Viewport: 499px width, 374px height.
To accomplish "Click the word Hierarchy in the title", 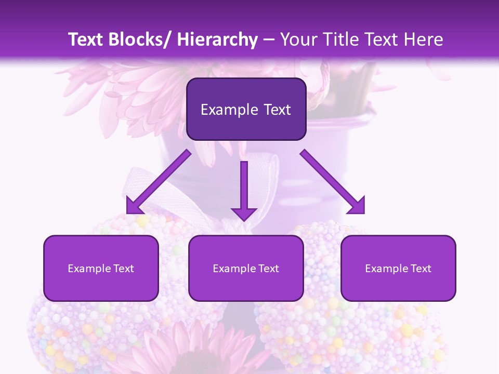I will click(x=217, y=39).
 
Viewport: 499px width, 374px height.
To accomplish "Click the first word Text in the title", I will click(x=87, y=39).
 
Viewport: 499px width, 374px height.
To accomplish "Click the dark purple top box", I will click(x=246, y=109).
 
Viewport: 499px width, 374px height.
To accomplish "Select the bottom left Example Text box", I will click(x=101, y=268).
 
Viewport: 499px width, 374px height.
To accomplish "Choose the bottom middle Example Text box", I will click(x=246, y=268).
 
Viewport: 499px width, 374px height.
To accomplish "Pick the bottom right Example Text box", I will click(x=398, y=268).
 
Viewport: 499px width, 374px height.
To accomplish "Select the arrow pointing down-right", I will click(x=333, y=182).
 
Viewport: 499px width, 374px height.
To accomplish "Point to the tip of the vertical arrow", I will click(x=244, y=220).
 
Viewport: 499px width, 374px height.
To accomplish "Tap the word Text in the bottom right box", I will click(x=421, y=269).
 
